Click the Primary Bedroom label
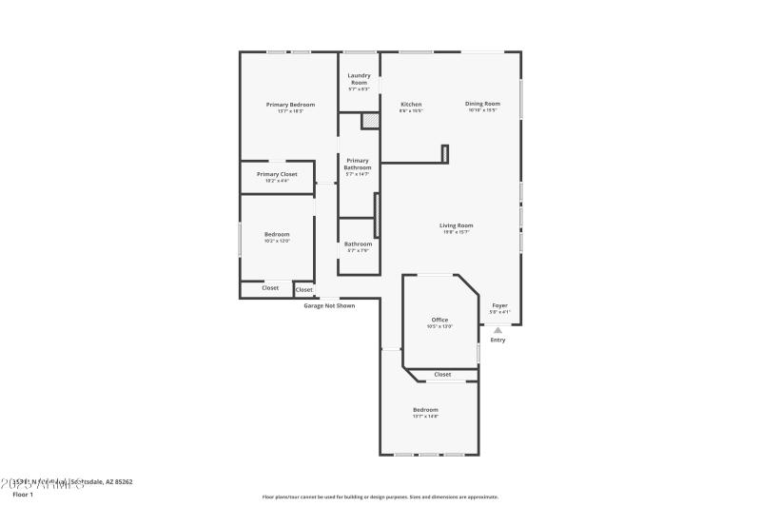pos(290,105)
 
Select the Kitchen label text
pos(411,104)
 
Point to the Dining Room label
pos(482,104)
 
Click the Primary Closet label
pos(277,175)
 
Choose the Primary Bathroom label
pos(358,165)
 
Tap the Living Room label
pos(456,225)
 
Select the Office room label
pos(439,320)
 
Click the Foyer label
pos(499,305)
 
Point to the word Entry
pos(498,340)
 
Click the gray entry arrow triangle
pos(498,330)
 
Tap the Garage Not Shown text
pos(329,305)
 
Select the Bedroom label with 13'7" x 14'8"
pos(425,409)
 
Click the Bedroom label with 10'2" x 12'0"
pos(277,234)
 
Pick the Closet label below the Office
pos(442,374)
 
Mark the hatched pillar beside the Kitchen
pos(444,153)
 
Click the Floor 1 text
pos(22,495)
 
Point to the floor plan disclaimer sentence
pos(380,497)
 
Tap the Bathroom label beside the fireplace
pos(358,244)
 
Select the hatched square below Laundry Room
pos(369,121)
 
